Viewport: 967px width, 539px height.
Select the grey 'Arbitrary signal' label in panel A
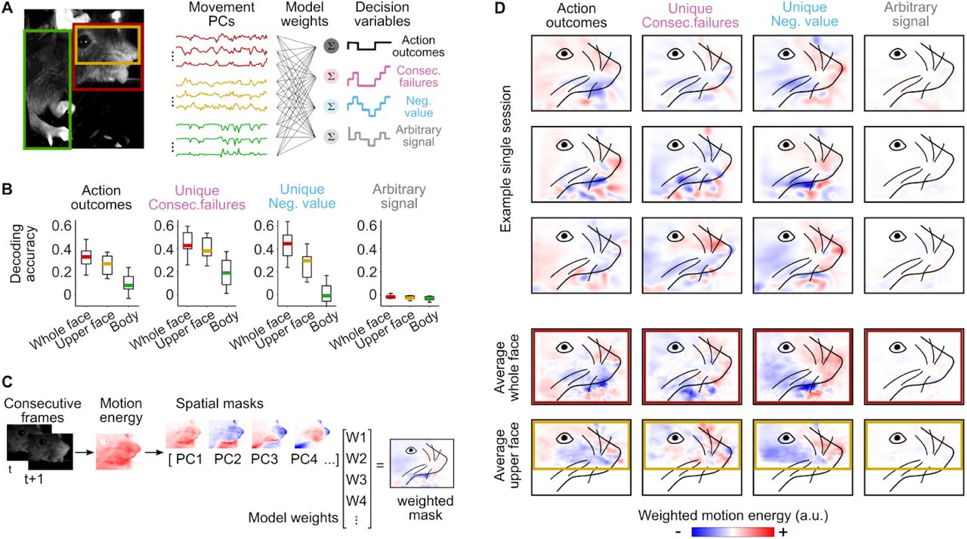point(419,137)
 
